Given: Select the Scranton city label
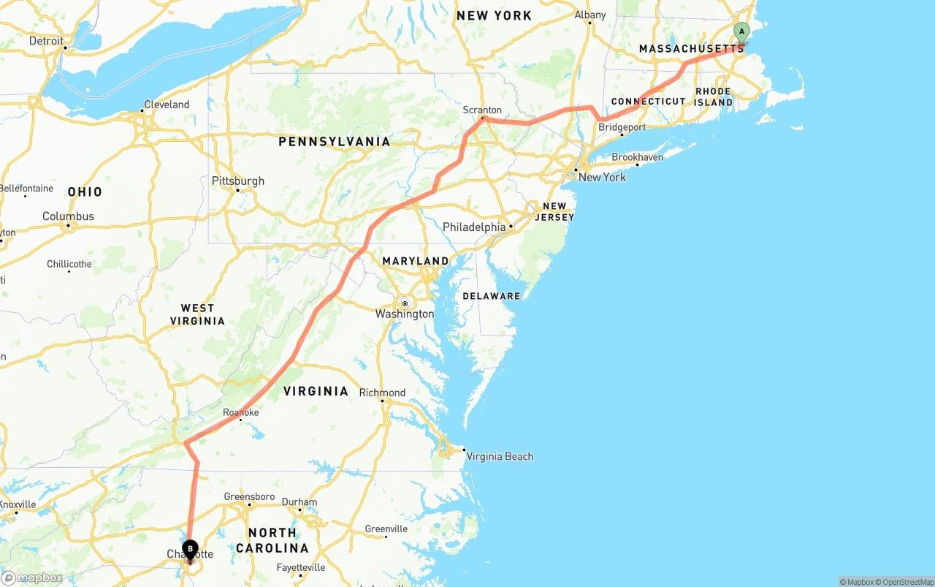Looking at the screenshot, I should click(482, 110).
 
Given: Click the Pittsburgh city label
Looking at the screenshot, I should click(238, 181).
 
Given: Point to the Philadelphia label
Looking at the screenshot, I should click(474, 227).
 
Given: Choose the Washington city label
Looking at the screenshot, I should click(405, 314).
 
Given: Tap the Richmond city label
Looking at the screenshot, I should click(382, 393).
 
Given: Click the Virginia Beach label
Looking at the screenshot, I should click(500, 457).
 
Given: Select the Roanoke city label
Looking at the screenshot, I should click(241, 413).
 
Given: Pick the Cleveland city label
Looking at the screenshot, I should click(167, 105).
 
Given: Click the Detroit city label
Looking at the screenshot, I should click(47, 41).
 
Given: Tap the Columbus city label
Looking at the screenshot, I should click(68, 216).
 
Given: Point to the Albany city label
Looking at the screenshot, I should click(590, 15).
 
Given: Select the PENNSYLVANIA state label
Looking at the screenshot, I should click(335, 142).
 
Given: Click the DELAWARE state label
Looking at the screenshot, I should click(492, 296).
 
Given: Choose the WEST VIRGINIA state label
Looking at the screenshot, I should click(197, 314).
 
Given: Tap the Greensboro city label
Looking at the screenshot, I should click(249, 497).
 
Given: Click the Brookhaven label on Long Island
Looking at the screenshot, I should click(637, 157).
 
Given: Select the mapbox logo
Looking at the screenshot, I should click(32, 577).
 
